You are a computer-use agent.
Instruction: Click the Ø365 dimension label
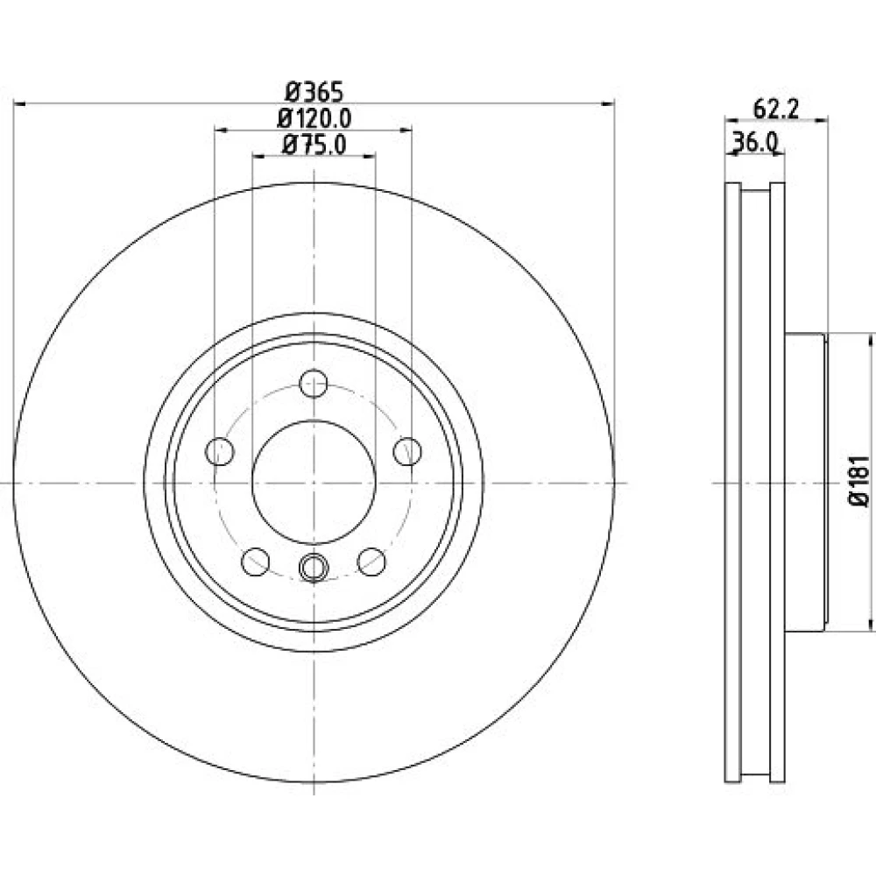pos(314,92)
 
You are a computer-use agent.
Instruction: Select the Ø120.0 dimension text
pos(314,118)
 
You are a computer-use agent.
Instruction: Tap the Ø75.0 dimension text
pos(314,145)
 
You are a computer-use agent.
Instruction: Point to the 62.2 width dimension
pos(776,109)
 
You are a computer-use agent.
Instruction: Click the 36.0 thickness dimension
pos(755,143)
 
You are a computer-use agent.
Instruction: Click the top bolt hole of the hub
pos(314,384)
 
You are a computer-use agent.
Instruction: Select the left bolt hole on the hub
pos(220,451)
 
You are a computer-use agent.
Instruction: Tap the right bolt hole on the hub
pos(407,451)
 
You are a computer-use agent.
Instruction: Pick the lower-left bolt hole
pos(255,562)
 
